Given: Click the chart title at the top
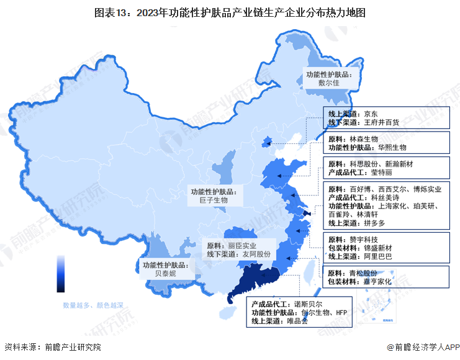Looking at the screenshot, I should [230, 12].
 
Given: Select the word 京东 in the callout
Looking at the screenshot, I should [371, 114].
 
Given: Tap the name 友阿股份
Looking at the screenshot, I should [256, 254].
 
